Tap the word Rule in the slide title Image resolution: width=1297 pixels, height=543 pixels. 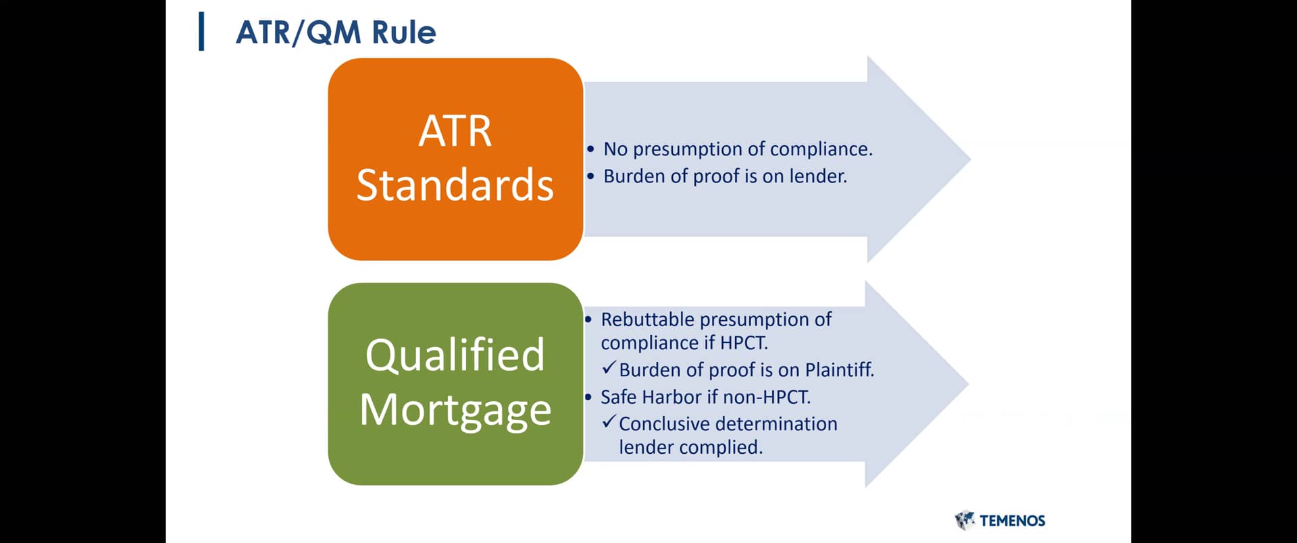pyautogui.click(x=403, y=32)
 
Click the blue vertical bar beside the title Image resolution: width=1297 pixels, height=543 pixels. pyautogui.click(x=201, y=32)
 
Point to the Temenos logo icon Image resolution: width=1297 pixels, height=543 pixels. pyautogui.click(x=965, y=520)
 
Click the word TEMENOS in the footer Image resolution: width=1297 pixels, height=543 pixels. pyautogui.click(x=1012, y=521)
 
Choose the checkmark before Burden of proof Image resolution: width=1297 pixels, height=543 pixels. pyautogui.click(x=609, y=368)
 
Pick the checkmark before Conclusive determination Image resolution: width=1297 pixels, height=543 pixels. pyautogui.click(x=609, y=422)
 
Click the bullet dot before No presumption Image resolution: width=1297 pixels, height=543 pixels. pyautogui.click(x=591, y=149)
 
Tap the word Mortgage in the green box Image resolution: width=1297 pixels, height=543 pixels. pyautogui.click(x=455, y=409)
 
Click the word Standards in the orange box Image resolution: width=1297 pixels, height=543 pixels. pyautogui.click(x=455, y=185)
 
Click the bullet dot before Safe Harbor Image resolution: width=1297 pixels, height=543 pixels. pyautogui.click(x=588, y=397)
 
